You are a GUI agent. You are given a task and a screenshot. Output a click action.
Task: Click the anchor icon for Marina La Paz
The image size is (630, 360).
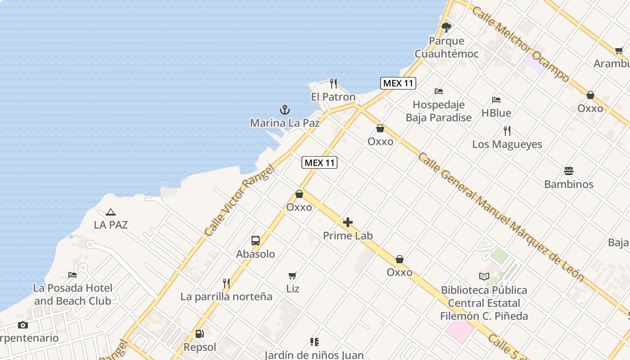pos(284,109)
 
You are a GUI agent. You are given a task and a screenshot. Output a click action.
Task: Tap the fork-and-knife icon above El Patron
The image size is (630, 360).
pos(333,83)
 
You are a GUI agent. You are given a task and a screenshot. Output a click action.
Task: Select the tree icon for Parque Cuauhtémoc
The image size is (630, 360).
pos(446,27)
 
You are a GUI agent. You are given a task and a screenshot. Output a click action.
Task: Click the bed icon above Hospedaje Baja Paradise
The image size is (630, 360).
pos(439,91)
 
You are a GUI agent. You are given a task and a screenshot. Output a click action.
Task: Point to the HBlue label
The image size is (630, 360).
pos(496,113)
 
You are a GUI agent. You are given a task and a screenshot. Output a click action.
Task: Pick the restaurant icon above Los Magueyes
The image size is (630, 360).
pos(507,131)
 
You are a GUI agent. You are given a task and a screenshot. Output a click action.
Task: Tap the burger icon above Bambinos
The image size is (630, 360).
pos(569,171)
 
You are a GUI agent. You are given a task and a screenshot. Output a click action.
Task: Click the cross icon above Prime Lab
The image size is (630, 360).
pos(348,222)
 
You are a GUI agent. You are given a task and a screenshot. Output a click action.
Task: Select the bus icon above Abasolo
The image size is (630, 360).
pos(256,241)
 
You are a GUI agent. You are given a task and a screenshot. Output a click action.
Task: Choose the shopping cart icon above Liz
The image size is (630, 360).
pos(292,275)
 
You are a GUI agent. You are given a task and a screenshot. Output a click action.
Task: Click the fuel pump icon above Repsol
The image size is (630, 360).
pos(199,334)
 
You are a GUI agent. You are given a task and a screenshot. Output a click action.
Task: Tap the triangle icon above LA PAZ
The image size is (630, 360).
pos(111,211)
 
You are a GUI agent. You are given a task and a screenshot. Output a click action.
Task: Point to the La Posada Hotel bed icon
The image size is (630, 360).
pos(72,274)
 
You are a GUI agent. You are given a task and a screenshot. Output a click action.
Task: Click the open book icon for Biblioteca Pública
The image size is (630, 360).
pos(484,277)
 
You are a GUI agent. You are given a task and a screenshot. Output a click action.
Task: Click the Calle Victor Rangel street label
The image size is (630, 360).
pos(239,201)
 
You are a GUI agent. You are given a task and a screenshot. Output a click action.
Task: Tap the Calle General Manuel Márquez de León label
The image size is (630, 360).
pos(501,216)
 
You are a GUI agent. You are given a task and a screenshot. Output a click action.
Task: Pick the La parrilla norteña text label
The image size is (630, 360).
pos(226,297)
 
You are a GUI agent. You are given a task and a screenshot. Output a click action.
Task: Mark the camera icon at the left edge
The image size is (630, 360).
pos(22,325)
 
